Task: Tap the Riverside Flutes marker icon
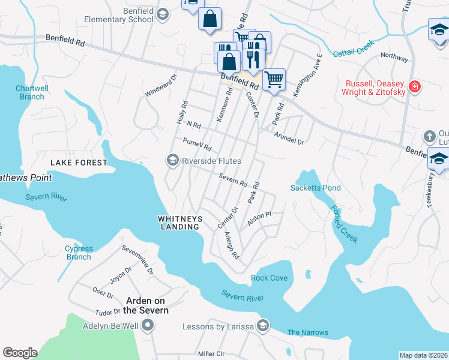point(172,160)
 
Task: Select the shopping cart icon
point(274,79)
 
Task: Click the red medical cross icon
point(414,88)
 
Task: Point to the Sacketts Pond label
point(315,188)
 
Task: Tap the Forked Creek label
point(344,224)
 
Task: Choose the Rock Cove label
point(269,278)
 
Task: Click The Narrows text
point(307,332)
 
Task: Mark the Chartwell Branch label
point(31,92)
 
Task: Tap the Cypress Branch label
point(79,253)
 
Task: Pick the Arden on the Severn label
point(146,305)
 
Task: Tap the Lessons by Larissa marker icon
point(262,326)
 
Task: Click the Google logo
point(20,353)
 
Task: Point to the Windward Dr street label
point(161,86)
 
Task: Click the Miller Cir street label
point(211,354)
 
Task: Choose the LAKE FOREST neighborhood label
point(79,163)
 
